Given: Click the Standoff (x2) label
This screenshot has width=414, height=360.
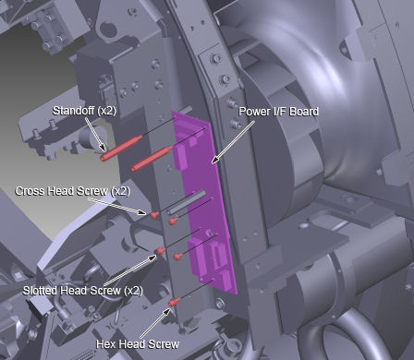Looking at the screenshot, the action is click(84, 111).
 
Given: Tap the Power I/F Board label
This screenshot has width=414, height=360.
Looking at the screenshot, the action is click(279, 112).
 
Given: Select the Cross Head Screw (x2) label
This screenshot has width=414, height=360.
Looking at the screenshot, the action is click(73, 191).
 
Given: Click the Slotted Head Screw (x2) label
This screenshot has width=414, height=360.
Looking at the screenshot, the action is click(83, 291).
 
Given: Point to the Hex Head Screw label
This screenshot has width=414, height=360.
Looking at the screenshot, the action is click(138, 344).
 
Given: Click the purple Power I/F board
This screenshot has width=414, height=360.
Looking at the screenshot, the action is click(203, 203).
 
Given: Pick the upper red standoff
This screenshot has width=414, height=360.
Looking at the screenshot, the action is click(121, 148).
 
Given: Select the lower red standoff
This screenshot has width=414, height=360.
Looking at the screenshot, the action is click(152, 159).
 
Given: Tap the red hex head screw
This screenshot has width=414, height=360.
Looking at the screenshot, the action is click(175, 303).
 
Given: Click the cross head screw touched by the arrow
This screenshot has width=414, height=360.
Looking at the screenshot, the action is click(155, 215).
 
